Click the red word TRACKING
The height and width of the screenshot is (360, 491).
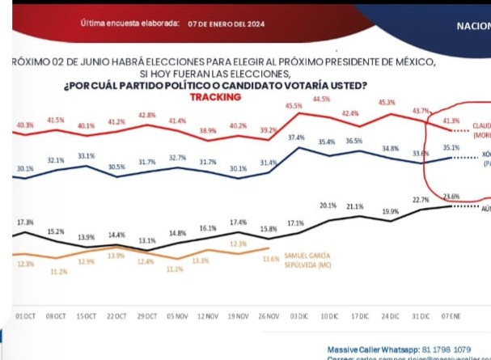click(x=215, y=97)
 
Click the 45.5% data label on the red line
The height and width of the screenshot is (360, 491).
click(x=294, y=106)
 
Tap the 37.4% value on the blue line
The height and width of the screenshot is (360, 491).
click(x=296, y=138)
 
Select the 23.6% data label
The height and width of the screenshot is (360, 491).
click(x=451, y=196)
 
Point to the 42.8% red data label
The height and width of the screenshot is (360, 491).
click(x=146, y=115)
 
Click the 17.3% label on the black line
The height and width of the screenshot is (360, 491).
click(x=25, y=222)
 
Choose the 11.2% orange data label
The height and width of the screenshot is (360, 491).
click(x=58, y=272)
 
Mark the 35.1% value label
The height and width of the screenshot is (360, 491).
click(x=451, y=148)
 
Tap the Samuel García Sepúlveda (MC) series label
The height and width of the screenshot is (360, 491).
click(x=308, y=260)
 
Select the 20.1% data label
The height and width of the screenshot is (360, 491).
click(x=327, y=205)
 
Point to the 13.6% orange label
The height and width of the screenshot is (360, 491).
click(x=271, y=259)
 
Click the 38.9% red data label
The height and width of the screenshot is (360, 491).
click(x=208, y=130)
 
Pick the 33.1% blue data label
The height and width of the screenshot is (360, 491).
click(x=86, y=155)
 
